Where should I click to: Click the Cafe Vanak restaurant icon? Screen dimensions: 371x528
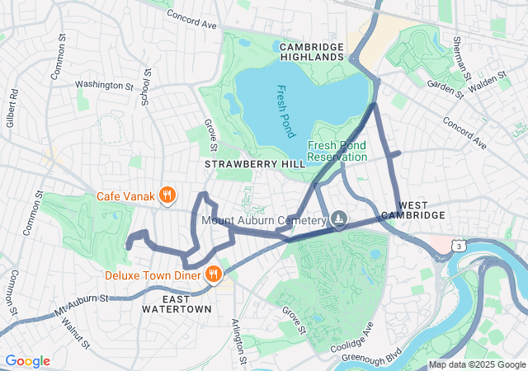coord(167,195)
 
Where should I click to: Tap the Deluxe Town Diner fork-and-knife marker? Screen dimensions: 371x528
coord(213,274)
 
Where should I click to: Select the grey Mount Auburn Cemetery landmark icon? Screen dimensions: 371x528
coord(338,219)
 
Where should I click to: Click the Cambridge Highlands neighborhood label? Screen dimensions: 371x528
coord(312,51)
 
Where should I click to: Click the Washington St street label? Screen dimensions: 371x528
coord(104,84)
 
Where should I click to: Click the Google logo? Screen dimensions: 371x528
coord(28,361)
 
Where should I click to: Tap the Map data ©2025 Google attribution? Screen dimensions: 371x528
coord(476,364)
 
